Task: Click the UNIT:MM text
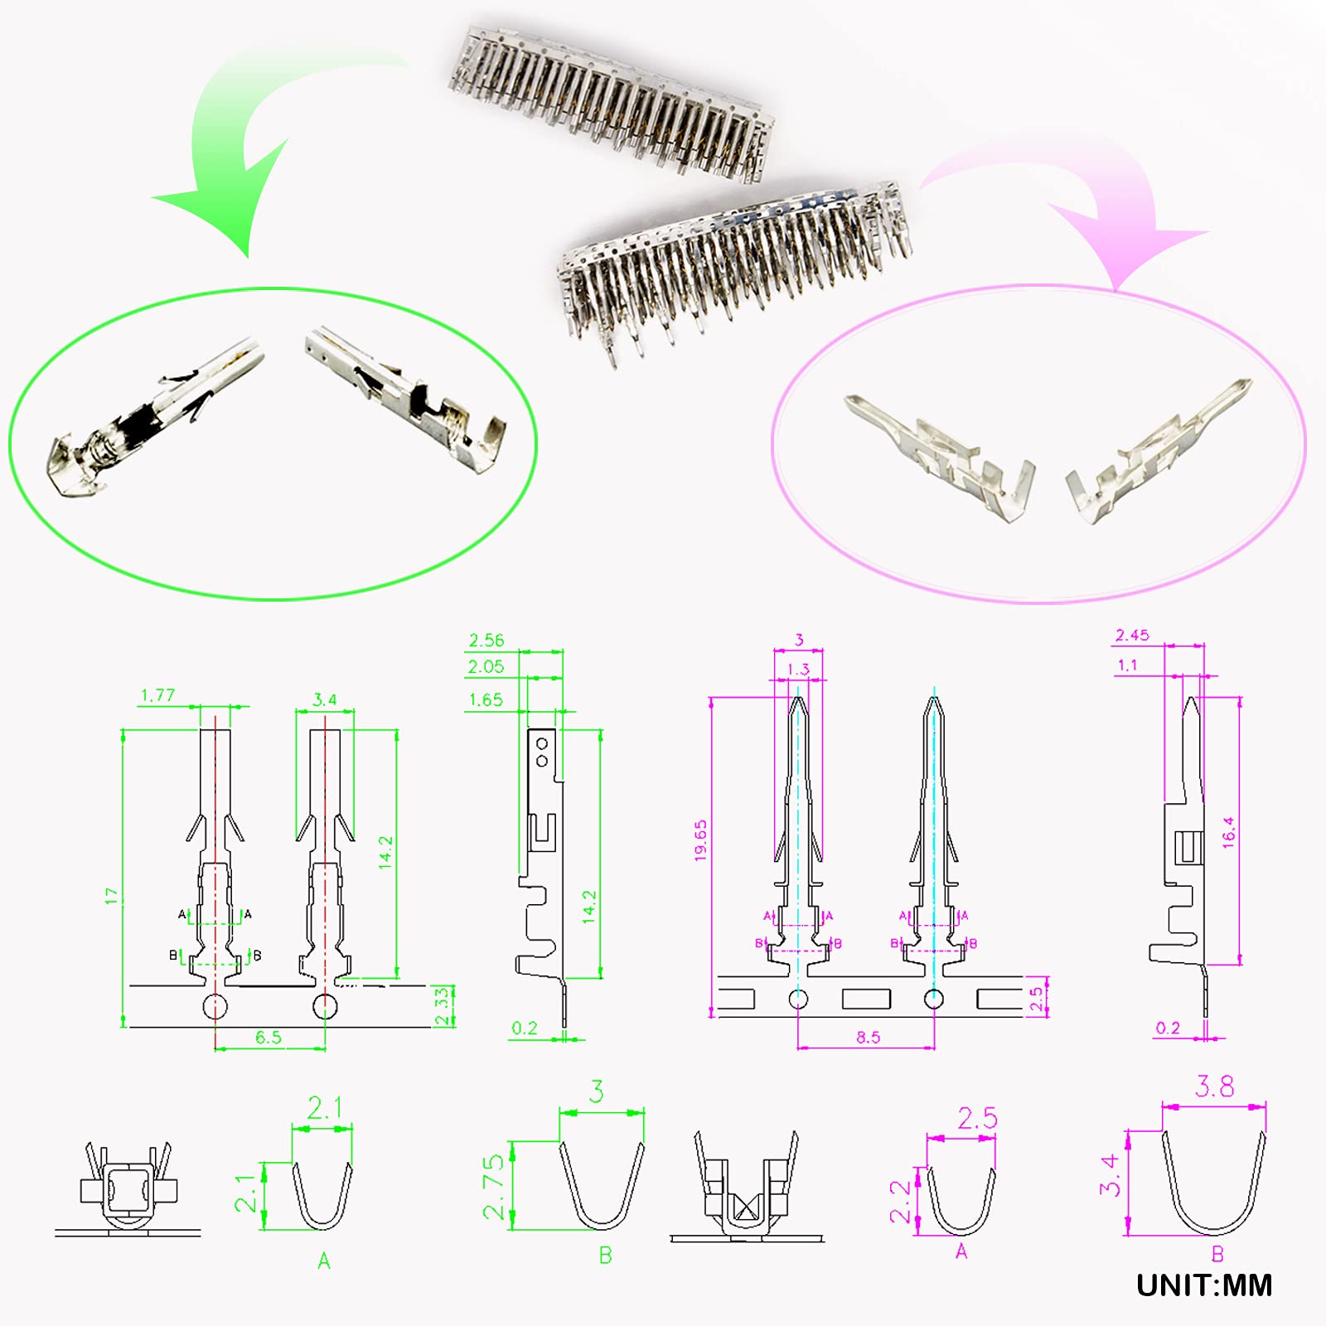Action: pos(1203,1285)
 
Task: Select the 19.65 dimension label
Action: pos(700,840)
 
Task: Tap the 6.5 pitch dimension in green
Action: pos(268,1037)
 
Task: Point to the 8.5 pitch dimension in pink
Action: pos(868,1037)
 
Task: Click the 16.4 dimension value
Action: pos(1228,831)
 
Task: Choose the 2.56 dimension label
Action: pos(486,640)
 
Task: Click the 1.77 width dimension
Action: pos(157,695)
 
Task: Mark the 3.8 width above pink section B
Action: pos(1214,1086)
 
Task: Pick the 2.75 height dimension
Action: pos(493,1187)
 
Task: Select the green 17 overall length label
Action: pos(111,895)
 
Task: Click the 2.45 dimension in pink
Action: pos(1131,635)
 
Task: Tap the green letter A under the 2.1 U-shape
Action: pos(323,1261)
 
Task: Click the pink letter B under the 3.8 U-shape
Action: pos(1217,1254)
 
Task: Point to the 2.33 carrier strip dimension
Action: pos(442,1006)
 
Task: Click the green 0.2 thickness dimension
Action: pos(524,1028)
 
